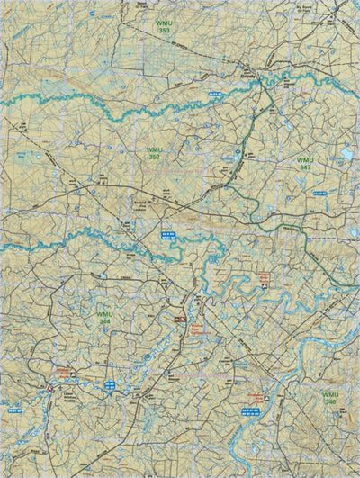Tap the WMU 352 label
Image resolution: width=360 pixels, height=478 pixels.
coord(154,154)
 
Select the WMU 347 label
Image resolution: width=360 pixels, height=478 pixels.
coord(305,163)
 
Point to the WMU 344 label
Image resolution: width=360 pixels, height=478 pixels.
coord(104,317)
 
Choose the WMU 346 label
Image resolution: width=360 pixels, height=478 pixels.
coord(331,398)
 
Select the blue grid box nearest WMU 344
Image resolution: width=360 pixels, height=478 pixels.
coord(109,384)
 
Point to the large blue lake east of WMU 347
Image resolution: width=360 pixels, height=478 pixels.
coord(346,155)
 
